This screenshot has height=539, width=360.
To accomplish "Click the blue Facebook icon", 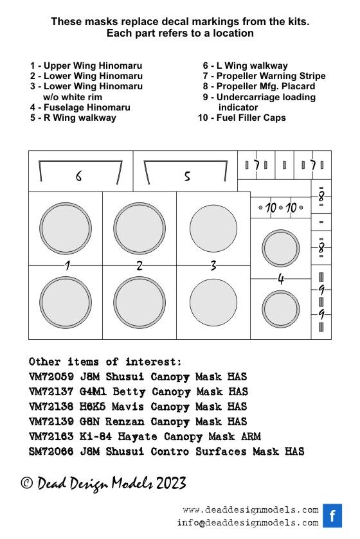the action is [332, 515].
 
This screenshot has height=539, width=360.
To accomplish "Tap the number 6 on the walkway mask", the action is [78, 176].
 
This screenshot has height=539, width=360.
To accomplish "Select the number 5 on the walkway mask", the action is [187, 176].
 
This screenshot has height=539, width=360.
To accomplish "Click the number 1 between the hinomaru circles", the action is [67, 265].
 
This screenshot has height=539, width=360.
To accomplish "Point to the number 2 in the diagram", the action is [139, 265].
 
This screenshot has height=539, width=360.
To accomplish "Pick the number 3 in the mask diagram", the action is [213, 265].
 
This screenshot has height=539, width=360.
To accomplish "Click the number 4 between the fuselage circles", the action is [281, 279].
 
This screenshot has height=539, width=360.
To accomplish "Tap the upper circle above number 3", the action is [213, 229].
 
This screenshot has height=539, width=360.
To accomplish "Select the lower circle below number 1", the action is [66, 303].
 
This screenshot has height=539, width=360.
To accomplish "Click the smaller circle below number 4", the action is [280, 309].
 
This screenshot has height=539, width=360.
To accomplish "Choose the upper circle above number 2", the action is [139, 229].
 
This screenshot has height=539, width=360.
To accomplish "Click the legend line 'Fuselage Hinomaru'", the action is [80, 107].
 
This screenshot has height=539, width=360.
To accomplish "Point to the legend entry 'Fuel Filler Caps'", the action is [242, 118].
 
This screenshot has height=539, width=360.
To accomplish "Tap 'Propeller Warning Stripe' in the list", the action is [264, 76].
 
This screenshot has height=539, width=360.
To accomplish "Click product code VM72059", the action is [51, 376].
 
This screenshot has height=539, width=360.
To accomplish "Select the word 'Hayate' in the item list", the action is [138, 437].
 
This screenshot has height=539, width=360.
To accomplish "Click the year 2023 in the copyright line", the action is [171, 483].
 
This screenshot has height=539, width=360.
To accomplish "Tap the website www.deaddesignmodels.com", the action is [251, 510].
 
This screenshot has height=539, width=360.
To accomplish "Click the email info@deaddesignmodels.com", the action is [248, 523].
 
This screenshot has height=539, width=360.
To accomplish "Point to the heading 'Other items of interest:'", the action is [105, 362].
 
